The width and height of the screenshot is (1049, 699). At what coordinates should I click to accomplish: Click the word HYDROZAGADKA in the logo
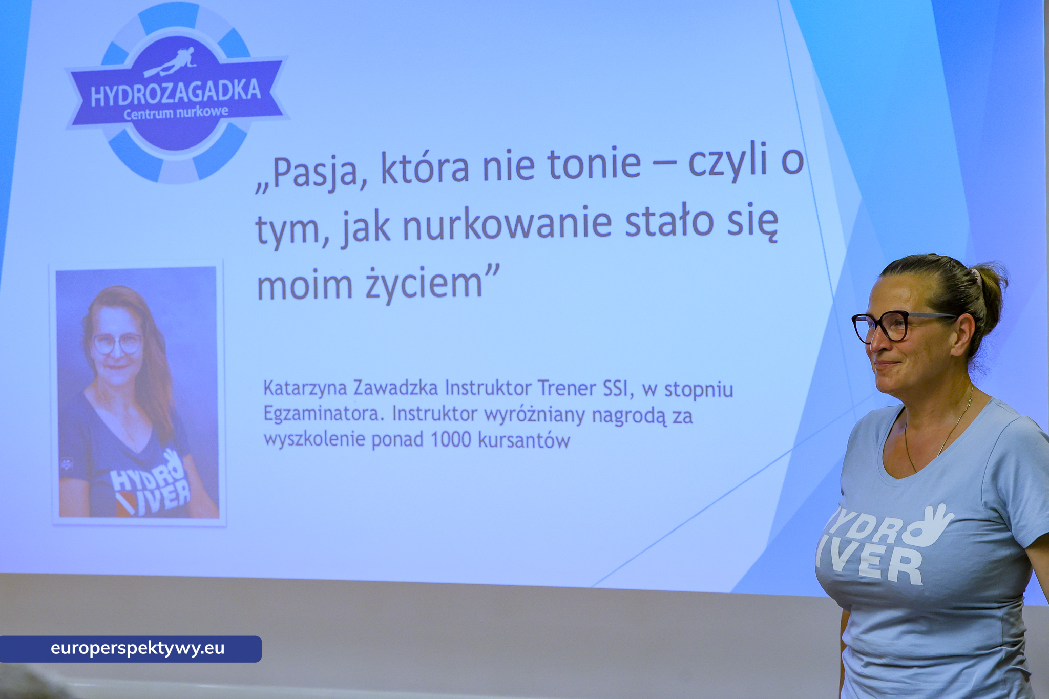click(x=176, y=93)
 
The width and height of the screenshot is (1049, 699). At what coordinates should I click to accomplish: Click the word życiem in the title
click(x=424, y=285)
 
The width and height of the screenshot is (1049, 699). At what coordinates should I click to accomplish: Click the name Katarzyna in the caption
click(x=305, y=389)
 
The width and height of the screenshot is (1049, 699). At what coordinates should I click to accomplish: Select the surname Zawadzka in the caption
click(x=395, y=388)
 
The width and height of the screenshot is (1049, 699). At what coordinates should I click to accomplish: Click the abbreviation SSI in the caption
click(x=615, y=389)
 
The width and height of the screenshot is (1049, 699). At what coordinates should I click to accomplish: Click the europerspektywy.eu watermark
click(x=137, y=648)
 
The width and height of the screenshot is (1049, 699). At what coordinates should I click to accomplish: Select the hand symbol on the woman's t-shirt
click(x=930, y=525)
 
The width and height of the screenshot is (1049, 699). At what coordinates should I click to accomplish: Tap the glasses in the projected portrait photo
click(x=118, y=344)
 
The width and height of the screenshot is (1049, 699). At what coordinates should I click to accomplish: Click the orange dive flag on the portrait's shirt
click(x=126, y=504)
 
